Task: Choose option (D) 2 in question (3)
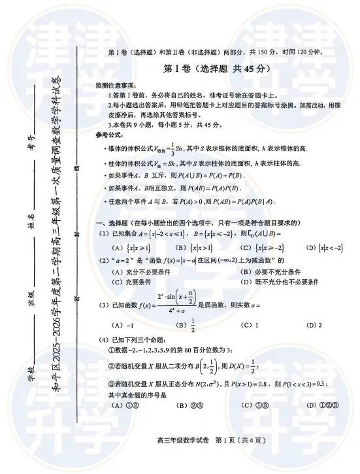311,325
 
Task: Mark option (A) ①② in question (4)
123,405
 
